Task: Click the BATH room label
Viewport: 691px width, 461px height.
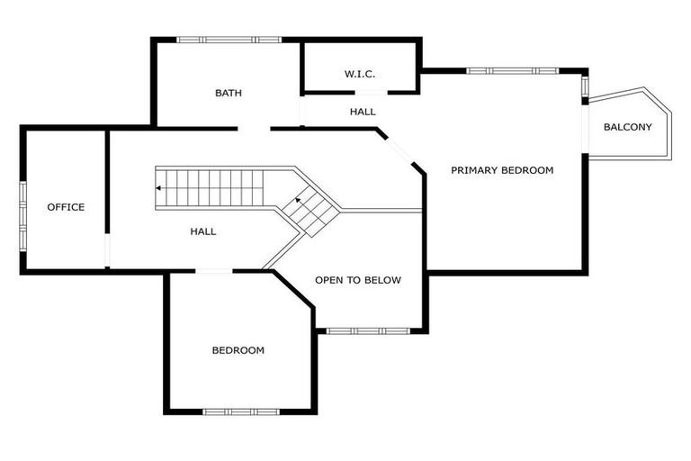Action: [229, 93]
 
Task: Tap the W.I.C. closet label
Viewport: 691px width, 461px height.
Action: [360, 74]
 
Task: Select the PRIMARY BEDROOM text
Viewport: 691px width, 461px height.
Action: [502, 170]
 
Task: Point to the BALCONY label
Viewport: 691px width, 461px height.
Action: [627, 127]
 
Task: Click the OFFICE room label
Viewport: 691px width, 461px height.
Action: [66, 207]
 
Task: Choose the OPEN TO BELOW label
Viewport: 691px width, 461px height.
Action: [358, 280]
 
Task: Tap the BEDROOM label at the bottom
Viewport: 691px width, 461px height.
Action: [238, 350]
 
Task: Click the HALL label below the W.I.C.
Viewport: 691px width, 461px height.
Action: [363, 112]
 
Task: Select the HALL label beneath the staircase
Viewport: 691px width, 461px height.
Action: [203, 231]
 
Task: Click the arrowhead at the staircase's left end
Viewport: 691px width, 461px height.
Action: [159, 188]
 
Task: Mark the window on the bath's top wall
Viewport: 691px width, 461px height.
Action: [229, 40]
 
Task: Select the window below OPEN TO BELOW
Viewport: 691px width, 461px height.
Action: [368, 331]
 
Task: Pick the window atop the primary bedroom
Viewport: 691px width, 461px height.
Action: [512, 70]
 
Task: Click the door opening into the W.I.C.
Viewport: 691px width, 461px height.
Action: [370, 92]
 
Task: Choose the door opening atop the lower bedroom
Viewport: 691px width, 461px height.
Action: [214, 271]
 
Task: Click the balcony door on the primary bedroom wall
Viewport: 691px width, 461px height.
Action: [586, 129]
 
